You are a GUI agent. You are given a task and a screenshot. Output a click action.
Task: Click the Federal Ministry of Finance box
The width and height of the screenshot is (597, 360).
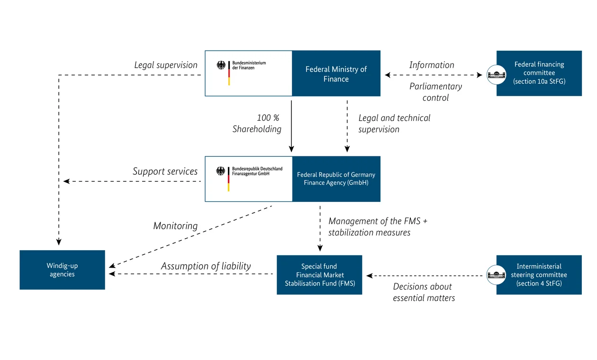pos(336,74)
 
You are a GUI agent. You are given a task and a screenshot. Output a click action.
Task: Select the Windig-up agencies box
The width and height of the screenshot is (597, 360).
pos(62,270)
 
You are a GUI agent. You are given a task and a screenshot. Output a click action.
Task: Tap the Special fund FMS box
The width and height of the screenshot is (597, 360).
pos(319,275)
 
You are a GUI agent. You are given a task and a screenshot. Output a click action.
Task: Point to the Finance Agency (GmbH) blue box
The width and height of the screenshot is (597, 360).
pos(336,179)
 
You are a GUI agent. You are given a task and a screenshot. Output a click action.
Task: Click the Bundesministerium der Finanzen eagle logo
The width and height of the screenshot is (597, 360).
pos(221,65)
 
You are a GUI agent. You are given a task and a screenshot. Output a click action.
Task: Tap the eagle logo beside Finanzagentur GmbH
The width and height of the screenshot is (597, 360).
pos(221,171)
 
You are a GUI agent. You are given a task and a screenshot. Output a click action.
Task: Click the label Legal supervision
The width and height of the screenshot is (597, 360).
pos(166,65)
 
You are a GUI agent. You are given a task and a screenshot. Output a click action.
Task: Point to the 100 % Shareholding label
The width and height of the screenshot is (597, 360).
pos(257,123)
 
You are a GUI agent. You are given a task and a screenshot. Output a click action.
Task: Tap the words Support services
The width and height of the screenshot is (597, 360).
pos(165,171)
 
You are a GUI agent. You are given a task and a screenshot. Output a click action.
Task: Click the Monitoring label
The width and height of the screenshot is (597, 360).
pos(175,226)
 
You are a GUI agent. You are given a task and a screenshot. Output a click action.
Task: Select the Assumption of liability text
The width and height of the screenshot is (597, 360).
pos(206,266)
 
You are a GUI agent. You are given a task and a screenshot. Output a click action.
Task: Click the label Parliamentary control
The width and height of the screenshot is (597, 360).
pos(435,92)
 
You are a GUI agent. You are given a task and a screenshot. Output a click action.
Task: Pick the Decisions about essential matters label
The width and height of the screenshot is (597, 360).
pos(423,292)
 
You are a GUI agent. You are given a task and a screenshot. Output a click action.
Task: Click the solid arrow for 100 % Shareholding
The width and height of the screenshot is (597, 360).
pos(291,126)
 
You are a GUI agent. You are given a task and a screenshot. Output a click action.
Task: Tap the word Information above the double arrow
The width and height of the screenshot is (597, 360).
pos(432,65)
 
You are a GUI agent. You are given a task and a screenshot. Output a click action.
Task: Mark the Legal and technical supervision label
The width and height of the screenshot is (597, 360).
pos(394,123)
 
